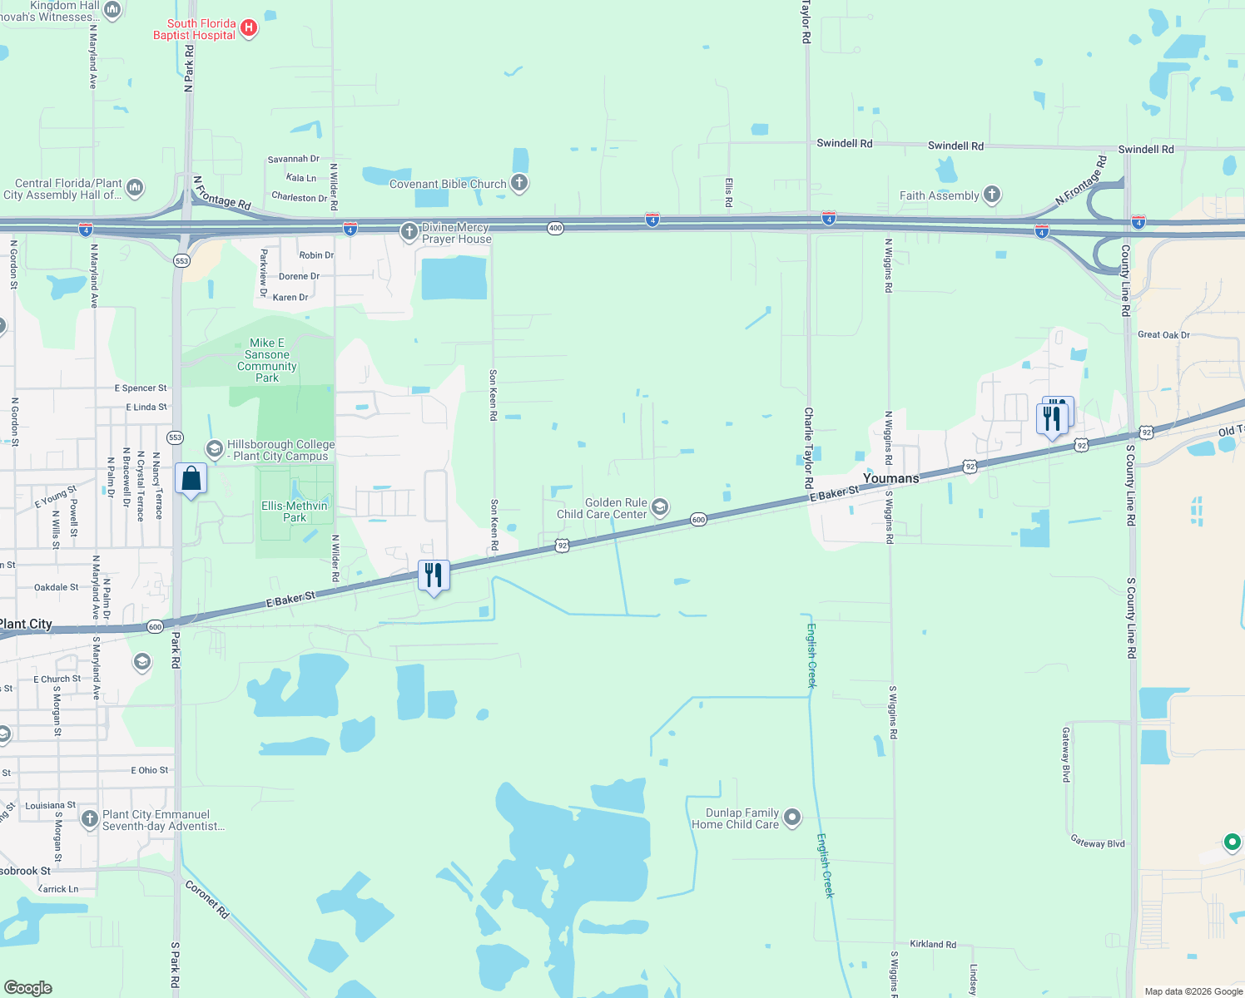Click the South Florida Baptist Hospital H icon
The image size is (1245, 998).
(248, 29)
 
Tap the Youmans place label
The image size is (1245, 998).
(890, 478)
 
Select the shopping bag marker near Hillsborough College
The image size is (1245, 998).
(191, 479)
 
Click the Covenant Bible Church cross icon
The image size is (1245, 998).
(519, 183)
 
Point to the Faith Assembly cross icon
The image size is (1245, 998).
(991, 195)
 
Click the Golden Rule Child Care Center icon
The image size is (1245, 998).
(660, 507)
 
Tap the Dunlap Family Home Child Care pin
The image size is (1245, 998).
(792, 818)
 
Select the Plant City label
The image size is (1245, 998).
(26, 624)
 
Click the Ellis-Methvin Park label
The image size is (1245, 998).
(295, 511)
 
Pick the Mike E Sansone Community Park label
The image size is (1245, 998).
(266, 360)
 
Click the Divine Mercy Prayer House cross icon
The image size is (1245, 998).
(409, 232)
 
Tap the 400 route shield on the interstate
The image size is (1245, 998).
(555, 228)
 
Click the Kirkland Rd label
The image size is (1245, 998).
(933, 944)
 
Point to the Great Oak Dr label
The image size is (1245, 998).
(1163, 334)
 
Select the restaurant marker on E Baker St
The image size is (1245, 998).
(434, 575)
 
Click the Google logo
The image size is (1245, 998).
(27, 987)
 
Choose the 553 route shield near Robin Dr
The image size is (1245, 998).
(181, 260)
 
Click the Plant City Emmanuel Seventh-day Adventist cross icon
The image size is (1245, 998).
(90, 819)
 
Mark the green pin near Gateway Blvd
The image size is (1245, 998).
(1233, 842)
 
